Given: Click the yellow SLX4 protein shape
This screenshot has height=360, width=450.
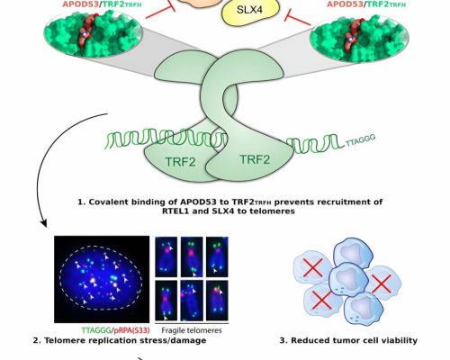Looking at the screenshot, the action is click(x=250, y=11).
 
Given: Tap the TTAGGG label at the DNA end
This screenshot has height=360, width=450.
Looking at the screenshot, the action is click(x=360, y=140).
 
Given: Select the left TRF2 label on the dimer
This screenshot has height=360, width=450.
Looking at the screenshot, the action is click(x=180, y=162).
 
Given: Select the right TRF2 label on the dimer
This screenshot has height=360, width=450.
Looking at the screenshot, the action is click(x=255, y=159).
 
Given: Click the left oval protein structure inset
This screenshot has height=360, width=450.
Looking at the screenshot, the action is click(x=93, y=34).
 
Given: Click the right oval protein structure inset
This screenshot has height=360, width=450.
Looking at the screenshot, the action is click(x=359, y=38).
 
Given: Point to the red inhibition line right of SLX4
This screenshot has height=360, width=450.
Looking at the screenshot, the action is click(x=298, y=18).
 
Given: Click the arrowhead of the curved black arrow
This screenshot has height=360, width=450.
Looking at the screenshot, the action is click(x=43, y=223).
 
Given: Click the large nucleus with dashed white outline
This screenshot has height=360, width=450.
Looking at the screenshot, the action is click(x=101, y=278).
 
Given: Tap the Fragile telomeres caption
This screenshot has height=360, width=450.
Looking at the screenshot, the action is click(x=192, y=330).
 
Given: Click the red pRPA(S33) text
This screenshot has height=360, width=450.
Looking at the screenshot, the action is click(x=131, y=330).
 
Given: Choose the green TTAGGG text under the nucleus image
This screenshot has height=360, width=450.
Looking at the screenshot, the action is click(x=96, y=330).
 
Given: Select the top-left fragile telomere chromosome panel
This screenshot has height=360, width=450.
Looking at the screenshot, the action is click(x=166, y=256).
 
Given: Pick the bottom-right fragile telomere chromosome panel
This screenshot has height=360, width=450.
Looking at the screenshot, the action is click(x=217, y=301).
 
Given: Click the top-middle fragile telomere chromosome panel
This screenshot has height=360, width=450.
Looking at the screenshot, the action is click(x=192, y=256).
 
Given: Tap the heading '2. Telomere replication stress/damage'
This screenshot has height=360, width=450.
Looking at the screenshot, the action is click(x=120, y=340).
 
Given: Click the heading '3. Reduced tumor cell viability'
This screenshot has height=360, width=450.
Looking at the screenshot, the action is click(x=348, y=340).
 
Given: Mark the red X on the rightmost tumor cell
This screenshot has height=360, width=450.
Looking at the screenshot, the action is click(x=381, y=283).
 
